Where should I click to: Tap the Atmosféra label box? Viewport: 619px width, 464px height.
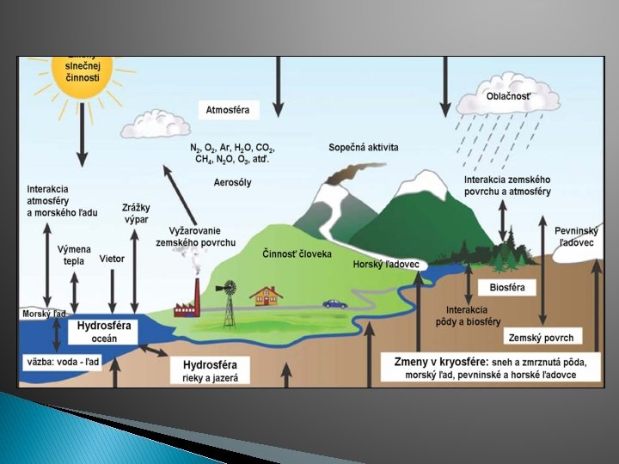228,110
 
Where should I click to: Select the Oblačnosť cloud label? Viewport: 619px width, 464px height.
507,96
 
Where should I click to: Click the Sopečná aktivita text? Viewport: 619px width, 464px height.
364,148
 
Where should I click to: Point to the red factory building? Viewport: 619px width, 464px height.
188,302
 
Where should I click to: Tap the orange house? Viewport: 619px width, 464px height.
266,296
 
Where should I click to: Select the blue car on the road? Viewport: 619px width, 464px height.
334,304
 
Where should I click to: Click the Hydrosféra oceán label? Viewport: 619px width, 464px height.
103,333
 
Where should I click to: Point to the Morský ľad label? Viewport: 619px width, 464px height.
44,314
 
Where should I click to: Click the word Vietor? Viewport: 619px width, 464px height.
113,258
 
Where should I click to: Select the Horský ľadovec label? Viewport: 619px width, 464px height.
386,265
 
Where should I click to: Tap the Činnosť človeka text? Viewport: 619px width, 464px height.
297,254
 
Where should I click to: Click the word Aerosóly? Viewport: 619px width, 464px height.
232,183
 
